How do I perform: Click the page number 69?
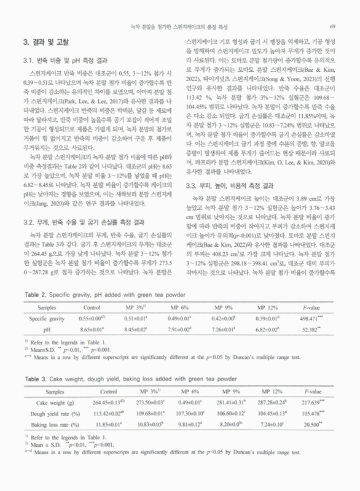click(332, 26)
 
